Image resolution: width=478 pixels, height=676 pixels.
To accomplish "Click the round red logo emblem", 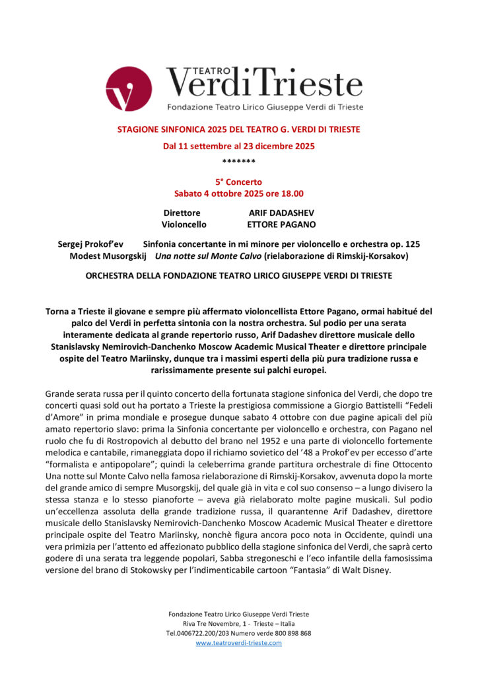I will tap(128, 88).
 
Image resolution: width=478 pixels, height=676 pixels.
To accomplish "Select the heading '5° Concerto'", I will tap(238, 182).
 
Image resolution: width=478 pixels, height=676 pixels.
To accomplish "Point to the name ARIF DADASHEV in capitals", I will tap(281, 213).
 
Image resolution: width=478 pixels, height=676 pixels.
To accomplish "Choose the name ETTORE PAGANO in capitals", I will tap(282, 224).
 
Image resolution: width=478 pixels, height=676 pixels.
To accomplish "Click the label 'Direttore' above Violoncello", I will tap(182, 213).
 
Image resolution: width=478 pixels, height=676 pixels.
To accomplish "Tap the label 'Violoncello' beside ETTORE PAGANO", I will tap(184, 224).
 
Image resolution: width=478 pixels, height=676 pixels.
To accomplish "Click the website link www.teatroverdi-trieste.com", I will tap(238, 642).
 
